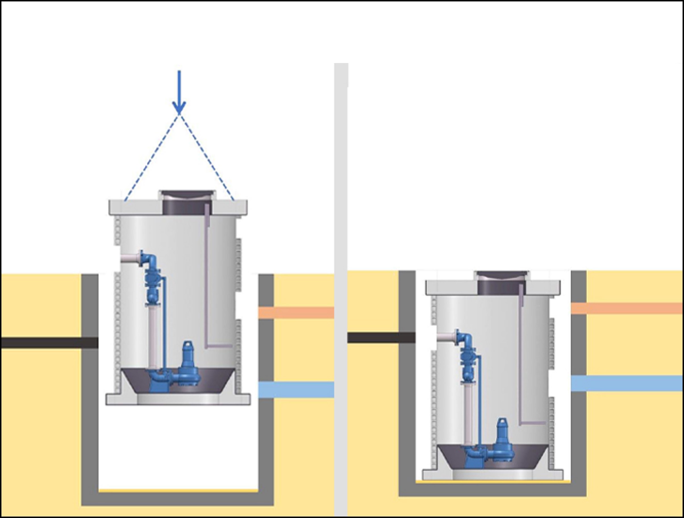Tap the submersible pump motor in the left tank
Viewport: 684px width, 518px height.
187,356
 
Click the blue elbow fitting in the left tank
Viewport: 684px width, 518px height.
150,260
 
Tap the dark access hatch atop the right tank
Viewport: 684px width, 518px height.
502,283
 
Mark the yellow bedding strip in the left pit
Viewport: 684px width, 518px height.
178,490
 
